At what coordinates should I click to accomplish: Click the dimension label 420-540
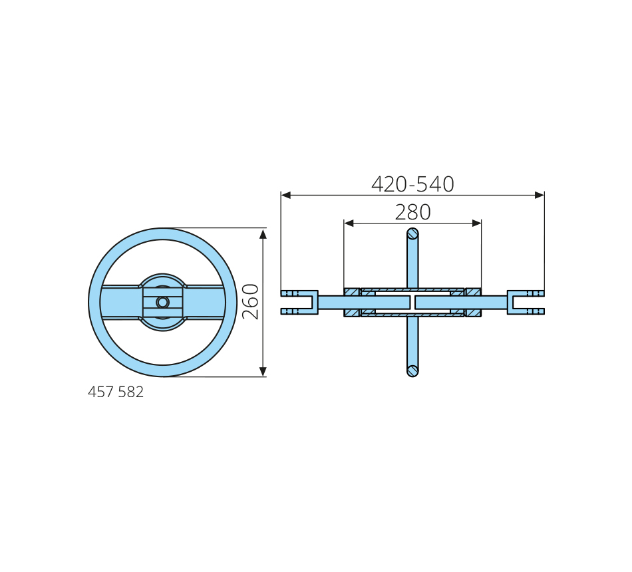412,184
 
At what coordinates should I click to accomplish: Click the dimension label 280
412,212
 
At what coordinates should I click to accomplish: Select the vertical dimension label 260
250,301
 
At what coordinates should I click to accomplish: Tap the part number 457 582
116,392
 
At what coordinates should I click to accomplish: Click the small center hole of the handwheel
162,303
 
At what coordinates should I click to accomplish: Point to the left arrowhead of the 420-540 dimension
286,195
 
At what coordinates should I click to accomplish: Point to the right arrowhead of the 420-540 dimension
540,195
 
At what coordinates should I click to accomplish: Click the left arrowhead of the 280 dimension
349,223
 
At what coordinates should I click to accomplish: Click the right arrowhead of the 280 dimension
476,223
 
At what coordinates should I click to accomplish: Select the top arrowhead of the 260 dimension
263,234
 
